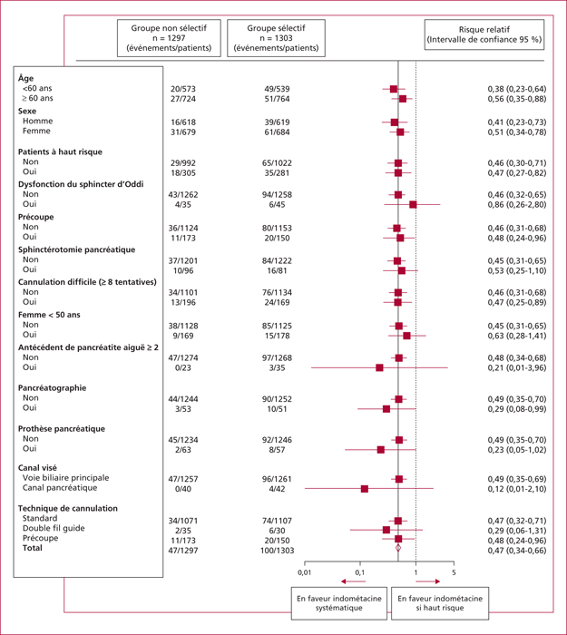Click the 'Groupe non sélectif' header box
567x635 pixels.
[169, 38]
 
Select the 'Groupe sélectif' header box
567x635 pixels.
[276, 38]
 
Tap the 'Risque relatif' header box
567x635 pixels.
[484, 34]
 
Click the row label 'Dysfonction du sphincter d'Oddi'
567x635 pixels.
[81, 184]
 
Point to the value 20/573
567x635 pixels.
[183, 89]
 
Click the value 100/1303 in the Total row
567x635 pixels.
[277, 551]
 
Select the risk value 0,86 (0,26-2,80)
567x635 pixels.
[517, 205]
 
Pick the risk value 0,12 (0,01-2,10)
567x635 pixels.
[517, 489]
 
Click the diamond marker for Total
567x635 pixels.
[398, 548]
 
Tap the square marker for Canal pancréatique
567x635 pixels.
[365, 489]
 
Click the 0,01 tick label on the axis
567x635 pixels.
[305, 572]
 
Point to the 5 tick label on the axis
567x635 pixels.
[454, 572]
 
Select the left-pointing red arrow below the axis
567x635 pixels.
[353, 581]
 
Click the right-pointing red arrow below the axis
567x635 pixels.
[427, 581]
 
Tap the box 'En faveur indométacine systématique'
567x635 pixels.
[339, 603]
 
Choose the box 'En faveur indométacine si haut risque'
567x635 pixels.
[440, 603]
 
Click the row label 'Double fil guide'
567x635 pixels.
[54, 529]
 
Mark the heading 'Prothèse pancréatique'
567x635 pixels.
[62, 429]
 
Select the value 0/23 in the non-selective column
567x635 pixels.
[183, 368]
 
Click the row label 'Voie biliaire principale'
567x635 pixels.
[65, 478]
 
